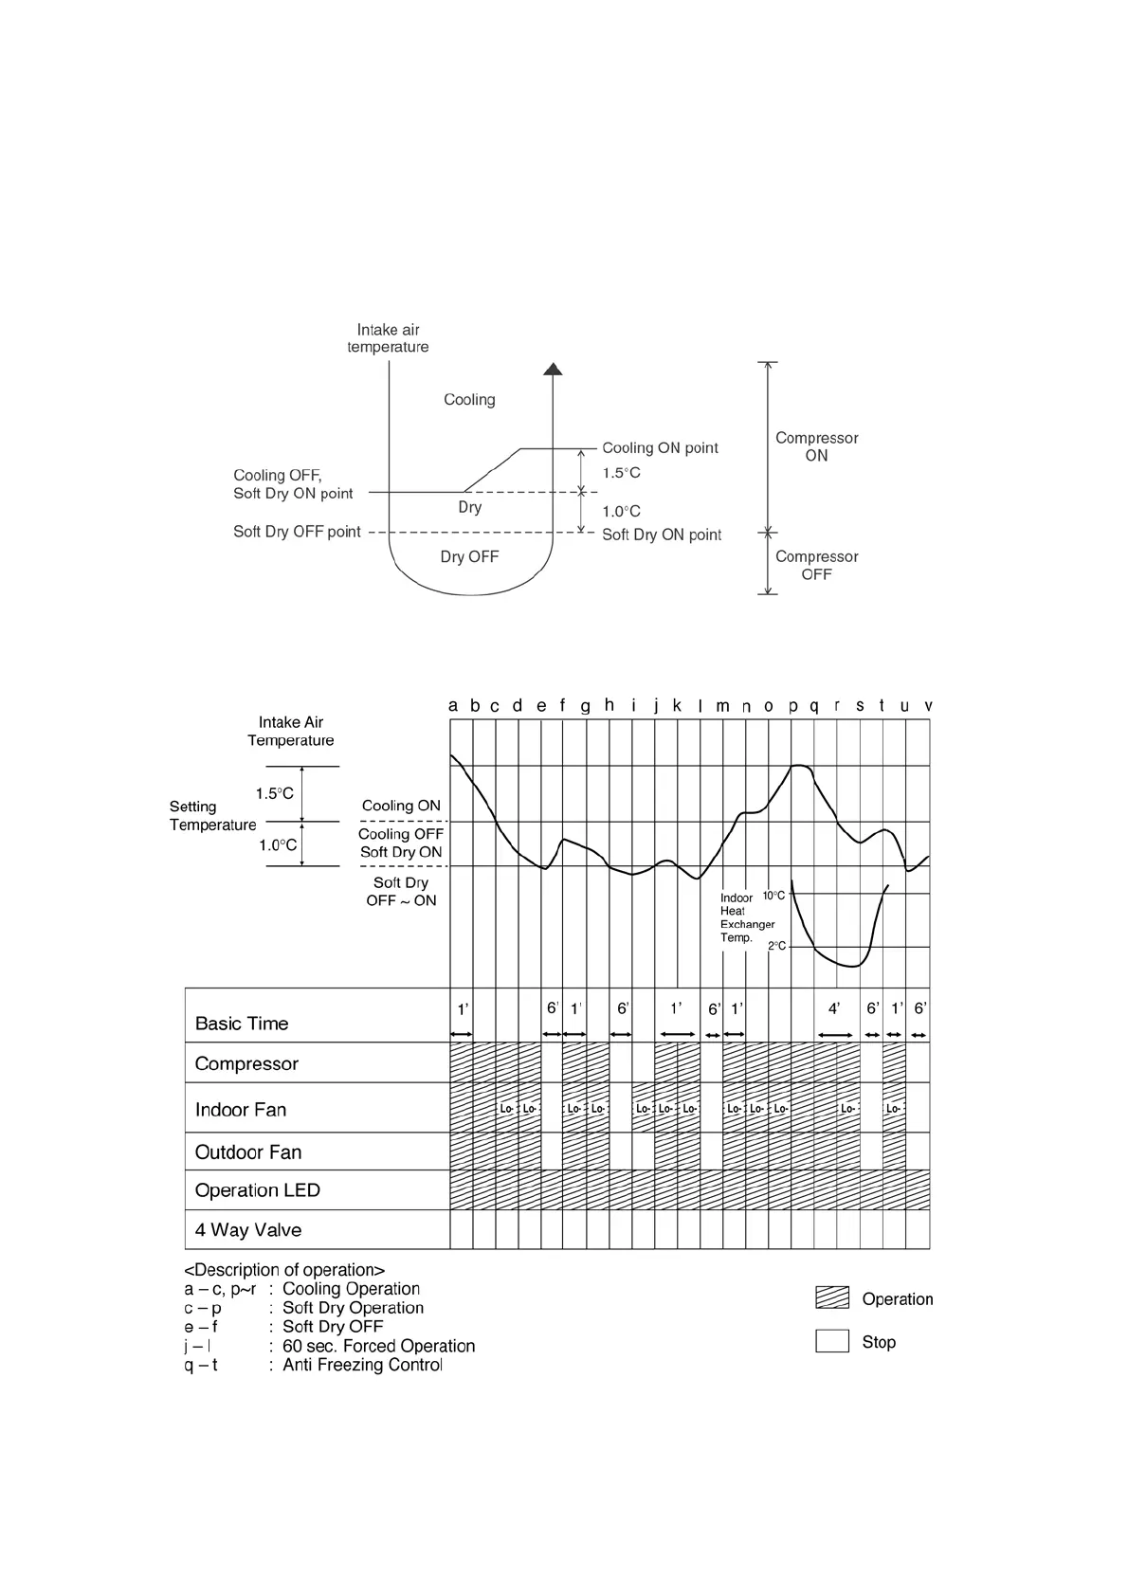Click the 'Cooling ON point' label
pyautogui.click(x=660, y=448)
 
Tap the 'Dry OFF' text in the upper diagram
pyautogui.click(x=469, y=557)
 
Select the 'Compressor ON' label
pyautogui.click(x=816, y=446)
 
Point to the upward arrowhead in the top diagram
pyautogui.click(x=553, y=369)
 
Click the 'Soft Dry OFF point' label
pyautogui.click(x=297, y=532)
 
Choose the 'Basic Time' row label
pyautogui.click(x=241, y=1024)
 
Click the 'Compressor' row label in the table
pyautogui.click(x=246, y=1064)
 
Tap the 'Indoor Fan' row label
pyautogui.click(x=240, y=1110)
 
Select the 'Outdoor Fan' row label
pyautogui.click(x=247, y=1152)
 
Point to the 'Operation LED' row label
pyautogui.click(x=257, y=1190)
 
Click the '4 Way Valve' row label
pyautogui.click(x=247, y=1230)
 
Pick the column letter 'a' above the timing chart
pyautogui.click(x=453, y=706)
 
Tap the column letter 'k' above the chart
pyautogui.click(x=677, y=706)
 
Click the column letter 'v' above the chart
pyautogui.click(x=928, y=706)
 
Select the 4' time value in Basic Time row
pyautogui.click(x=834, y=1009)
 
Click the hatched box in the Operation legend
pyautogui.click(x=832, y=1298)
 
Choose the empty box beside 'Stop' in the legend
pyautogui.click(x=832, y=1341)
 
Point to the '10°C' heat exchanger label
pyautogui.click(x=773, y=896)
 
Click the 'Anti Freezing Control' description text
pyautogui.click(x=362, y=1365)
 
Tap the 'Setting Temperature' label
pyautogui.click(x=212, y=816)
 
